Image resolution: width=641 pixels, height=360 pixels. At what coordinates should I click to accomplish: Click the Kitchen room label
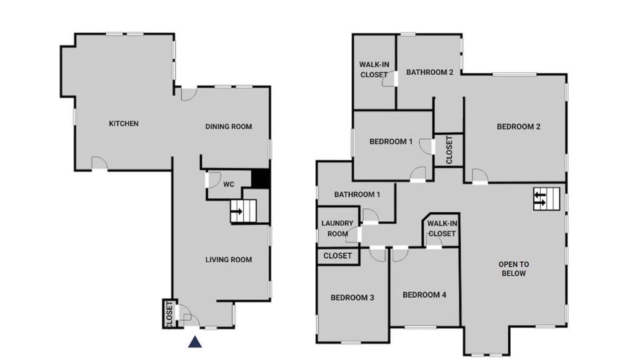pyautogui.click(x=124, y=124)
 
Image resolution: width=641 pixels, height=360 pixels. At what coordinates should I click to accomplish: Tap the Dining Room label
pyautogui.click(x=228, y=127)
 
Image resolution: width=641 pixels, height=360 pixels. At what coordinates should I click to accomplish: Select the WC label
pyautogui.click(x=228, y=184)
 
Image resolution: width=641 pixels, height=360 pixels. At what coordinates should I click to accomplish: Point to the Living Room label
pyautogui.click(x=228, y=259)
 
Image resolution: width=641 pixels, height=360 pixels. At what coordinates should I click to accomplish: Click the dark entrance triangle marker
pyautogui.click(x=194, y=342)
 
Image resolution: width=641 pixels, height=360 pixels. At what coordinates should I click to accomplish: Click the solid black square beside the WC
pyautogui.click(x=260, y=179)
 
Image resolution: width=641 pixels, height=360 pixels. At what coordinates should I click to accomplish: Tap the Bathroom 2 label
pyautogui.click(x=430, y=73)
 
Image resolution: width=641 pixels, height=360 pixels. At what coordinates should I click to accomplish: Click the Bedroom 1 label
pyautogui.click(x=391, y=142)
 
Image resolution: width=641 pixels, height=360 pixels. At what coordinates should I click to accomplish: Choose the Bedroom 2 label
pyautogui.click(x=518, y=127)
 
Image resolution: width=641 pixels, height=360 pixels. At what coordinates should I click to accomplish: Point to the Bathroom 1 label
pyautogui.click(x=357, y=194)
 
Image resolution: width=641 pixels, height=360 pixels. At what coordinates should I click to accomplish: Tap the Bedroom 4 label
pyautogui.click(x=425, y=295)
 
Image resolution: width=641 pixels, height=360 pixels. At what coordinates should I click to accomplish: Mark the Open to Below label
pyautogui.click(x=513, y=268)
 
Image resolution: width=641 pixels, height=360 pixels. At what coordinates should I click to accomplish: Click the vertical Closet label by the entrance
pyautogui.click(x=169, y=313)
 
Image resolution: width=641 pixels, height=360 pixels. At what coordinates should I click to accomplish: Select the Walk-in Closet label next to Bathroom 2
pyautogui.click(x=374, y=69)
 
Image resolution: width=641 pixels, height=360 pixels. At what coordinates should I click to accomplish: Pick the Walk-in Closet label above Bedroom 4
pyautogui.click(x=441, y=229)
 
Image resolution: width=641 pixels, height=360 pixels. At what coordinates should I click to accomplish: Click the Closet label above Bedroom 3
pyautogui.click(x=337, y=256)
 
